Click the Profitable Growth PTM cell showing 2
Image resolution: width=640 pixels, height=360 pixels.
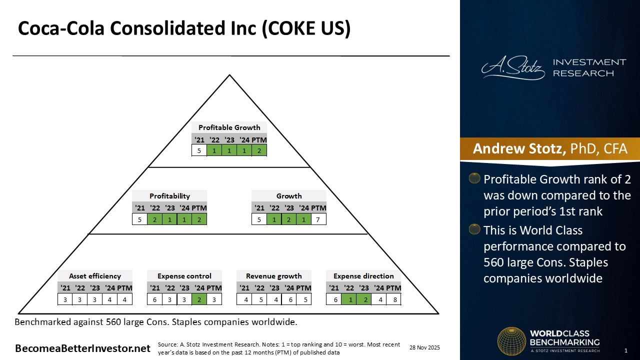[259, 150]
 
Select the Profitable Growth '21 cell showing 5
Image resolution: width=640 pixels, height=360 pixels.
[199, 150]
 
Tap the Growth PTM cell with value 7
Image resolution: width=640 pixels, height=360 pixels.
[318, 219]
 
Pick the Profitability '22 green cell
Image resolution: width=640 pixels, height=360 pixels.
[154, 219]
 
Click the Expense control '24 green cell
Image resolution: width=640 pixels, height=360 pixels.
[199, 299]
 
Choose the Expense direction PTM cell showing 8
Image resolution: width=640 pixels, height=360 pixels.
[393, 299]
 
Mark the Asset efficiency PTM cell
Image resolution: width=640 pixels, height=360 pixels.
[124, 299]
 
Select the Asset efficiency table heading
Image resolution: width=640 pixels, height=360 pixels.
[95, 276]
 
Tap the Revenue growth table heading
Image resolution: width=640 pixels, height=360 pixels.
[273, 276]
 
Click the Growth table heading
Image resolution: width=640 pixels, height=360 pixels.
[289, 196]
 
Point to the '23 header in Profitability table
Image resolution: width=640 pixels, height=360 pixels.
[169, 208]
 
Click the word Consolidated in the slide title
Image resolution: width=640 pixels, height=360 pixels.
[183, 28]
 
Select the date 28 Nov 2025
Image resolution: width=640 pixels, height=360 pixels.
[424, 347]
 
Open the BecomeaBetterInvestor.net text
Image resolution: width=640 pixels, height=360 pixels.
[82, 348]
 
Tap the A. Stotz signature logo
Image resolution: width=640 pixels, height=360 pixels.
[513, 67]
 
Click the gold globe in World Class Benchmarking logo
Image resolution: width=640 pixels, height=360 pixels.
[511, 341]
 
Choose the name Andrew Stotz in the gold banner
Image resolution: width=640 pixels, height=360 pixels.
[519, 148]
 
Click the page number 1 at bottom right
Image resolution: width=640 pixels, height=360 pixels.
[626, 350]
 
